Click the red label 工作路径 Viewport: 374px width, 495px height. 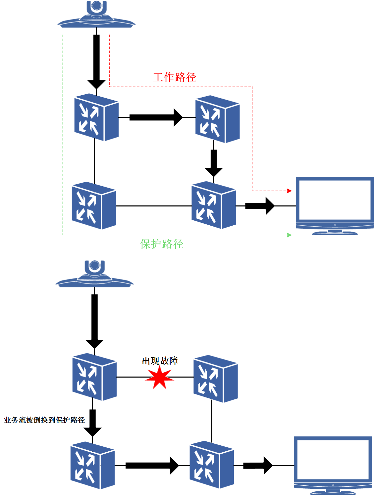[175, 77]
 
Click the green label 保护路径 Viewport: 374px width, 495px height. [162, 244]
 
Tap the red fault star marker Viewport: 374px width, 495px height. [159, 378]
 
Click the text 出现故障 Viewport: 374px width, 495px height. [160, 361]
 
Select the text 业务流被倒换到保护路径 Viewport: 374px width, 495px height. [44, 420]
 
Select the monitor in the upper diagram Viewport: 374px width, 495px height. [335, 205]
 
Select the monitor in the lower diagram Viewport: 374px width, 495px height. [333, 465]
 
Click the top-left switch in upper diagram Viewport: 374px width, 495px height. [96, 117]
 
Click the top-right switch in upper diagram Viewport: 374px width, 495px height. [217, 119]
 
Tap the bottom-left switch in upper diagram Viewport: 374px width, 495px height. [94, 205]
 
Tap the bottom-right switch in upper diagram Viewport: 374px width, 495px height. [214, 205]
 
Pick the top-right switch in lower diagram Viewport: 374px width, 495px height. [215, 379]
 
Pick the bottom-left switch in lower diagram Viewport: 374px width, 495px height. [92, 465]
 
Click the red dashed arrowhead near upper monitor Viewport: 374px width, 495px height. [289, 191]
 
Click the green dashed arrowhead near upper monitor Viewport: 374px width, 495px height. [289, 235]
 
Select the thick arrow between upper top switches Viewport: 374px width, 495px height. [156, 117]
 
